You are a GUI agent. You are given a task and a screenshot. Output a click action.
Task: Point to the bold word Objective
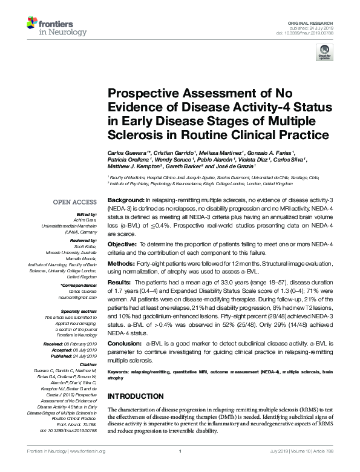122,243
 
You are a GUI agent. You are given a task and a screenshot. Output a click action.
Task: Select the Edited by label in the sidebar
88,214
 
